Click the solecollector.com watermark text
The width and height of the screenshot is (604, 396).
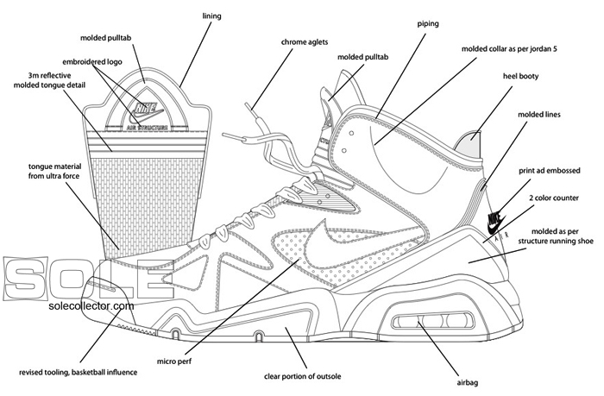tap(91, 305)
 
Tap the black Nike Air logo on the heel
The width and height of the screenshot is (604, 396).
tap(495, 221)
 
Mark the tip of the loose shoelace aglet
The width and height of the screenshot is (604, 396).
tap(246, 105)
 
